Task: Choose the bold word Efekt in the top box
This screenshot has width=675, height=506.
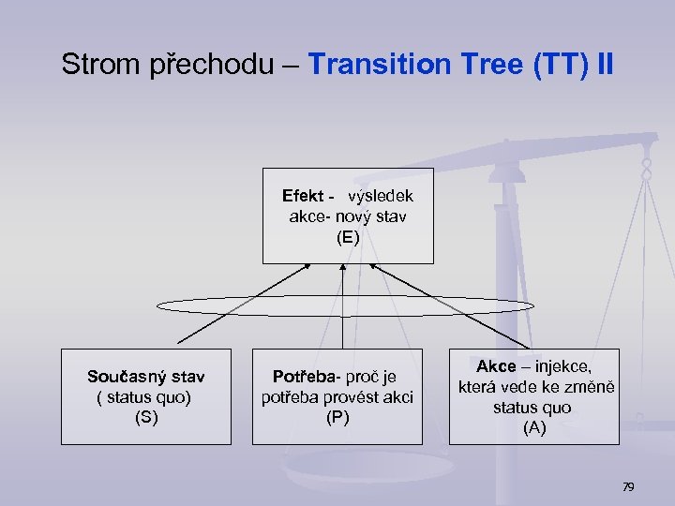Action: point(304,197)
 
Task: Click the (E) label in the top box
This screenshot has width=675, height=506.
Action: point(348,238)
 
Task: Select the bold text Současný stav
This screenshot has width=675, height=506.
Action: point(146,377)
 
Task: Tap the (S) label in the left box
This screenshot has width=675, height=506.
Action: point(146,418)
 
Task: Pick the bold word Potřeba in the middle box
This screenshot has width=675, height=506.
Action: point(303,377)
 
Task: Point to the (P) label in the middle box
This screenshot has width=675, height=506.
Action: point(337,418)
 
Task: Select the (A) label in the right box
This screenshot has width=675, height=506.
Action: point(533,428)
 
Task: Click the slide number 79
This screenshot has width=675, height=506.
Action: point(628,487)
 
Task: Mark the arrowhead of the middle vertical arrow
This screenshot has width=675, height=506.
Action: point(343,268)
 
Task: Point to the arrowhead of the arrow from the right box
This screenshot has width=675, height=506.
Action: point(373,268)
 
